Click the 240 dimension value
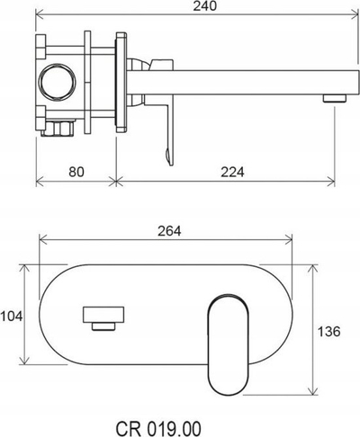(x=204, y=6)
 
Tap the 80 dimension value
(x=76, y=172)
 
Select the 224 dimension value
(x=232, y=172)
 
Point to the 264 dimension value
(x=169, y=231)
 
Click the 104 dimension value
(x=12, y=317)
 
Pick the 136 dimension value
(x=329, y=332)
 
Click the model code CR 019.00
(x=158, y=429)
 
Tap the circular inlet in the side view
(x=57, y=82)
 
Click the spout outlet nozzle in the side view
(x=335, y=98)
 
